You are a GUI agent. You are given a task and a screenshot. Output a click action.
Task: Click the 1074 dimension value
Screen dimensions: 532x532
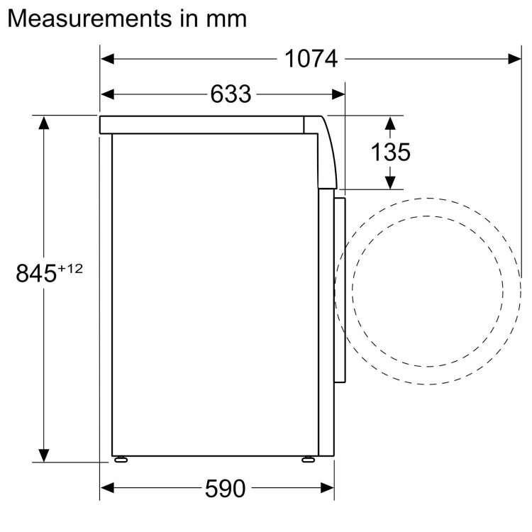pyautogui.click(x=311, y=59)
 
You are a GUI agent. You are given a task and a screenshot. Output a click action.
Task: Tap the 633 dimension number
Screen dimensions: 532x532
pyautogui.click(x=231, y=94)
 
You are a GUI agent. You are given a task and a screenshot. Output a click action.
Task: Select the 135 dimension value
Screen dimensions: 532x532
pyautogui.click(x=390, y=152)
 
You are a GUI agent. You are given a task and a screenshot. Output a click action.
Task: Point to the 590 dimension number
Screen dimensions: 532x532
pyautogui.click(x=225, y=488)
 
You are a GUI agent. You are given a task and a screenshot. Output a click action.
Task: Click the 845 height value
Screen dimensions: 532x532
pyautogui.click(x=36, y=273)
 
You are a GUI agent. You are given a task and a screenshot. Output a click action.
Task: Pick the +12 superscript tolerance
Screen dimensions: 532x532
pyautogui.click(x=70, y=268)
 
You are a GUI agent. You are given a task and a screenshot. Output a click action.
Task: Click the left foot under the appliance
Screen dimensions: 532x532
pyautogui.click(x=121, y=460)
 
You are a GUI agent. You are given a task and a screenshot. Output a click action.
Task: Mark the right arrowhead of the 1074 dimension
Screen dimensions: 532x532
pyautogui.click(x=516, y=59)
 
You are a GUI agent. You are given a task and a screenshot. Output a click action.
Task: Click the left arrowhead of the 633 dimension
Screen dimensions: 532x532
pyautogui.click(x=107, y=94)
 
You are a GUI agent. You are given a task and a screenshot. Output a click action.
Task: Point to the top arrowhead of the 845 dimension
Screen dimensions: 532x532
pyautogui.click(x=44, y=122)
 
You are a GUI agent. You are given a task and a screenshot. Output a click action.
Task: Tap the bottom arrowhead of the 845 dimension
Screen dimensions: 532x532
pyautogui.click(x=44, y=455)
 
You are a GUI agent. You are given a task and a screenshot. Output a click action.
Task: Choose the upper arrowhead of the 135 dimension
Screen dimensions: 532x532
pyautogui.click(x=389, y=123)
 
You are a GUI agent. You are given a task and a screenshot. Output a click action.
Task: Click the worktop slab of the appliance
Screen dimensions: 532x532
pyautogui.click(x=202, y=125)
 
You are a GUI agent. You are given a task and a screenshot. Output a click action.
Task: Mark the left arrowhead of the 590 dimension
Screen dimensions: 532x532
pyautogui.click(x=107, y=488)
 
